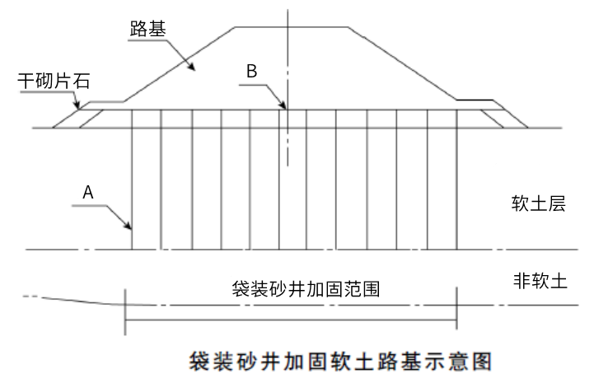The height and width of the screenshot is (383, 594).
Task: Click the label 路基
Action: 147,29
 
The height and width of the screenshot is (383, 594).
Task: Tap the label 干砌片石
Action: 54,81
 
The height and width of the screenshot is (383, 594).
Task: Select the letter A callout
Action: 88,193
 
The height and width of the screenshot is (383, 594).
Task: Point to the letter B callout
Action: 251,71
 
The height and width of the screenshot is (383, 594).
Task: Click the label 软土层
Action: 538,203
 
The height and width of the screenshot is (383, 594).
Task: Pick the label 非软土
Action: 540,281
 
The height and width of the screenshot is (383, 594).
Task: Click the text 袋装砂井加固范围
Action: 306,289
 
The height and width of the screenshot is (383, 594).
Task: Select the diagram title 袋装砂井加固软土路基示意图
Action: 340,361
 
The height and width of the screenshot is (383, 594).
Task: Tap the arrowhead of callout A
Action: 128,226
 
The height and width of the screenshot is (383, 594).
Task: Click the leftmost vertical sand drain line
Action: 132,180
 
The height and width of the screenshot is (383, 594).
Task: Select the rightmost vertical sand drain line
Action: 457,180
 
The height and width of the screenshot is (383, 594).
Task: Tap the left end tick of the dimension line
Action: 125,312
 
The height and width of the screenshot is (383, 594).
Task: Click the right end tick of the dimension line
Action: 457,308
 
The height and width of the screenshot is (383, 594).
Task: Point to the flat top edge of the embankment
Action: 292,27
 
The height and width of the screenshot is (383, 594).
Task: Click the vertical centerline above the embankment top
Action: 288,18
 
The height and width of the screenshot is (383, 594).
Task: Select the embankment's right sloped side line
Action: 402,63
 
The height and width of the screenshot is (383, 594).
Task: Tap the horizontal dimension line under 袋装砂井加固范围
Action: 291,320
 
